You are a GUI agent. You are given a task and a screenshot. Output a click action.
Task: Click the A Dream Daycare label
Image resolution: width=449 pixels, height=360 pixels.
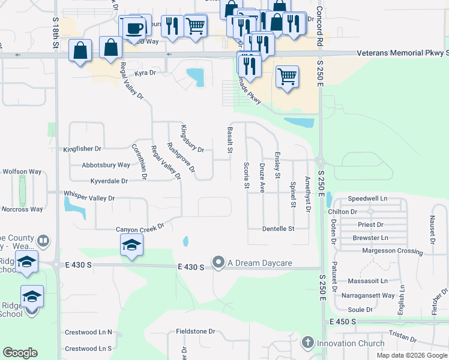259,263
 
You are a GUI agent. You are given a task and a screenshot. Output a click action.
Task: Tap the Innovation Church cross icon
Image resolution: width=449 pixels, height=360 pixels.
308,343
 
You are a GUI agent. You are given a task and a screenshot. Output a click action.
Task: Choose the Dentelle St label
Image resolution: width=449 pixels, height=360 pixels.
279,229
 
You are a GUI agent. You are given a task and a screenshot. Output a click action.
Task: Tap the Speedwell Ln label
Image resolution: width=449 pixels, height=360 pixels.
367,198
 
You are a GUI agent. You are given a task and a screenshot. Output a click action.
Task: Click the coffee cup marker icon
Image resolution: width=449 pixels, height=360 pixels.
136,27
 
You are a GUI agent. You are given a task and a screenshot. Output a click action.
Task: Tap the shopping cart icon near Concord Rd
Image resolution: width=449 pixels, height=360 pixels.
288,76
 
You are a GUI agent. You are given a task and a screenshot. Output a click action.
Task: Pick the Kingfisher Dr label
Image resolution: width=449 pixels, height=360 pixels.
82,148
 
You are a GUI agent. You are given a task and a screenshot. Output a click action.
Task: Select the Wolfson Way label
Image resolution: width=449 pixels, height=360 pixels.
22,171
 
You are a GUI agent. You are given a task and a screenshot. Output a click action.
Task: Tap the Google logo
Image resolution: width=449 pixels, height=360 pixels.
20,352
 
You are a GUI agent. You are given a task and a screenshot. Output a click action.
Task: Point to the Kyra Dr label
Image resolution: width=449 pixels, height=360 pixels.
145,73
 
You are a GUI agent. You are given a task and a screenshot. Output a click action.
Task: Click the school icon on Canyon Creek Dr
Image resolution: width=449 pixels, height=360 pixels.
131,245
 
